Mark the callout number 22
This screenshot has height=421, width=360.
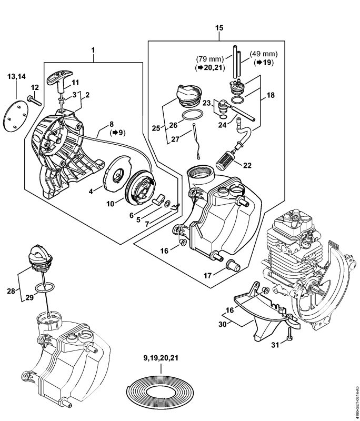(x=247, y=165)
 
